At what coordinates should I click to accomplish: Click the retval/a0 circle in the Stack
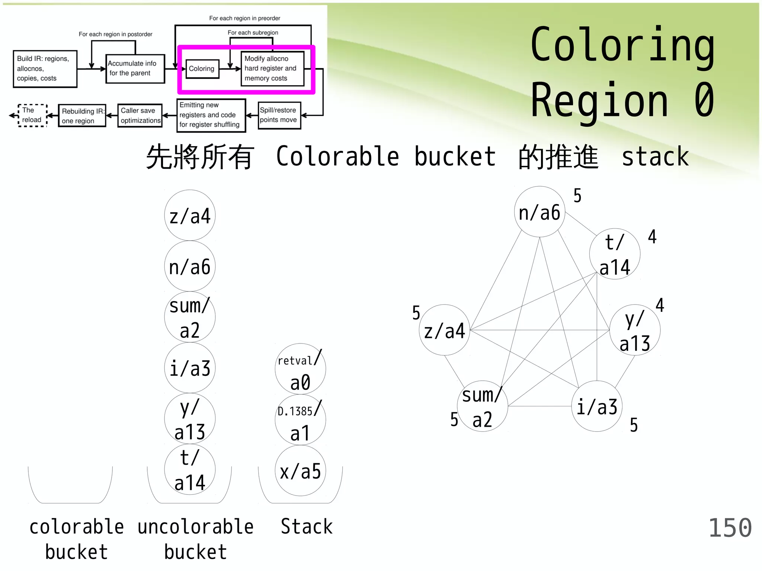coord(300,369)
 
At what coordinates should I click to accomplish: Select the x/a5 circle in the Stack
coord(300,471)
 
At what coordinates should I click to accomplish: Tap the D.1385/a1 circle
coord(300,420)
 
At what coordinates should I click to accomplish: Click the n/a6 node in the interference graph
coord(540,212)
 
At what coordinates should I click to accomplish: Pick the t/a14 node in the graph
coord(615,254)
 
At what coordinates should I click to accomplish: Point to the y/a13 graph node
coord(635,330)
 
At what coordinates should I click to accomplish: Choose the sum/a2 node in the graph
coord(482,406)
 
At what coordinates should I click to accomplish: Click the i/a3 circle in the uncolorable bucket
coord(190,368)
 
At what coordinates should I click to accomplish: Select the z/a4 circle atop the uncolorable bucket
coord(190,216)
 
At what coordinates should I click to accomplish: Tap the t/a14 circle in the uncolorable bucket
coord(190,470)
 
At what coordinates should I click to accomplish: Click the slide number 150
coord(730,528)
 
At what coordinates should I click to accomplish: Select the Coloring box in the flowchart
coord(202,69)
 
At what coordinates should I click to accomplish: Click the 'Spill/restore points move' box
coord(279,115)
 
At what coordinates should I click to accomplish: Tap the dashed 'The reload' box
coord(32,115)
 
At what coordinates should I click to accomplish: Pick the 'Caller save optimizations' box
coord(140,116)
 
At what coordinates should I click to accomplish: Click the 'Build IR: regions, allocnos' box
coord(45,69)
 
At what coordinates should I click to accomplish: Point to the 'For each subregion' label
coord(253,33)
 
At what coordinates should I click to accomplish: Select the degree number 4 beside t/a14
coord(652,236)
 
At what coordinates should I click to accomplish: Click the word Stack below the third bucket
coord(307,527)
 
